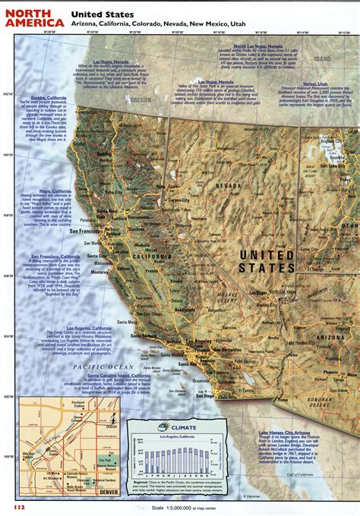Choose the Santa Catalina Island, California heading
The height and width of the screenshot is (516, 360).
click(118, 376)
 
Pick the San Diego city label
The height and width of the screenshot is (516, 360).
click(207, 395)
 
